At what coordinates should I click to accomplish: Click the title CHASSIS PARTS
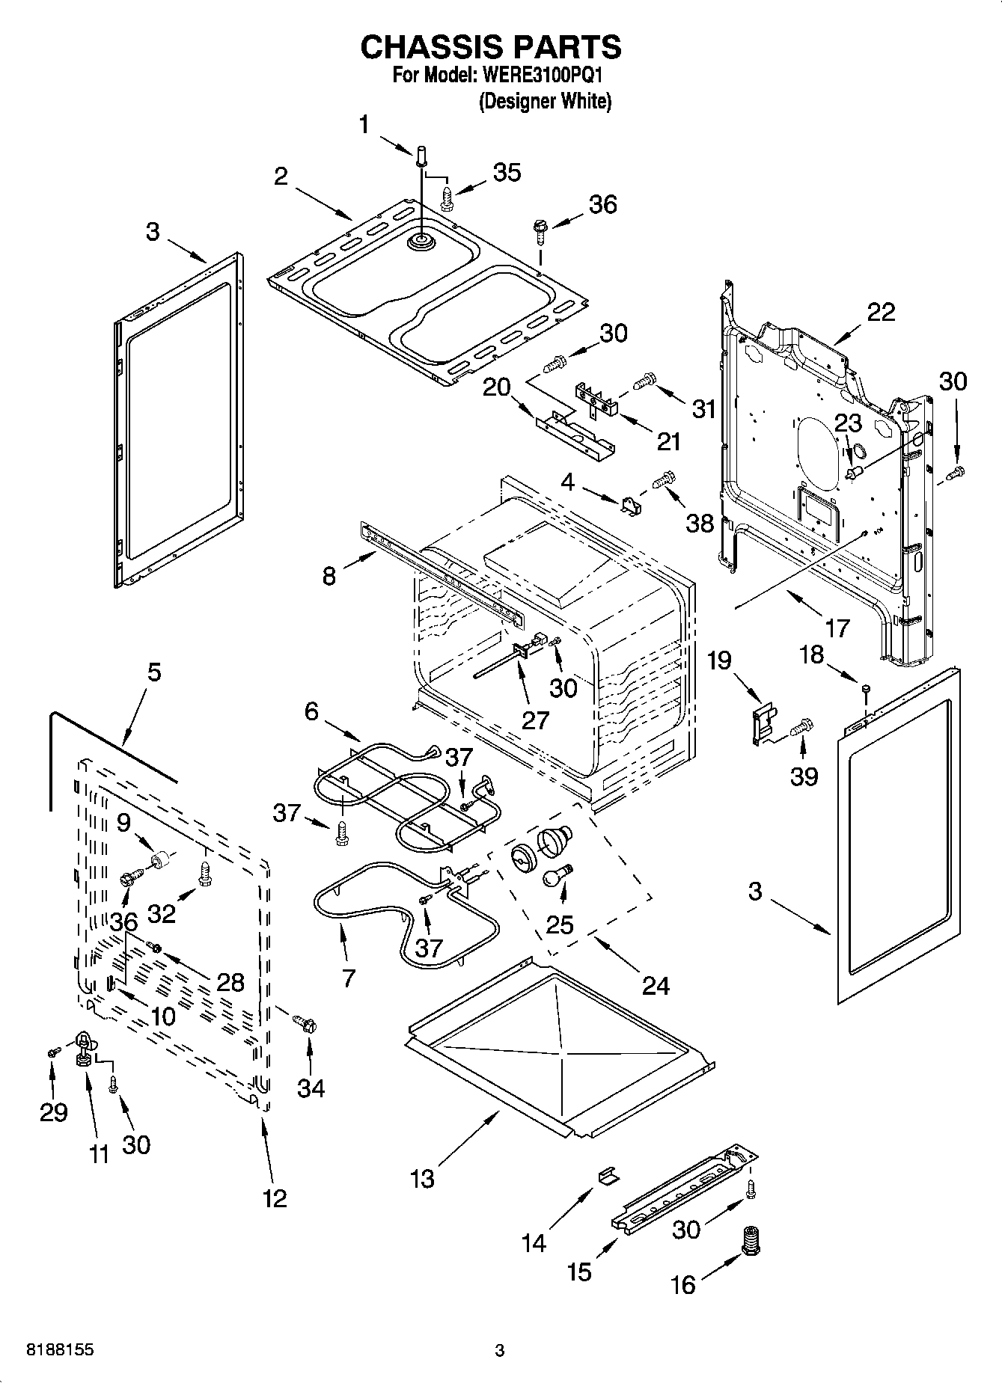coord(491,47)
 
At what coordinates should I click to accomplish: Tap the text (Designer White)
coord(545,101)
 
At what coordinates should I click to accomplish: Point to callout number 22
coord(881,311)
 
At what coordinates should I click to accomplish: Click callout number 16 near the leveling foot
coord(682,1284)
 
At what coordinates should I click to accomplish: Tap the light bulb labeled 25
coord(557,875)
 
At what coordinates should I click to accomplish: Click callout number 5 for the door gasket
coord(153,672)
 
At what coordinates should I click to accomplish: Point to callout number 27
coord(536,720)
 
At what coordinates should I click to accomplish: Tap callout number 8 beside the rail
coord(329,576)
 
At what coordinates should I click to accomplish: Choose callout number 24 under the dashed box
coord(656,985)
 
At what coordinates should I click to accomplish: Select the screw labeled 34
coord(306,1022)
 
